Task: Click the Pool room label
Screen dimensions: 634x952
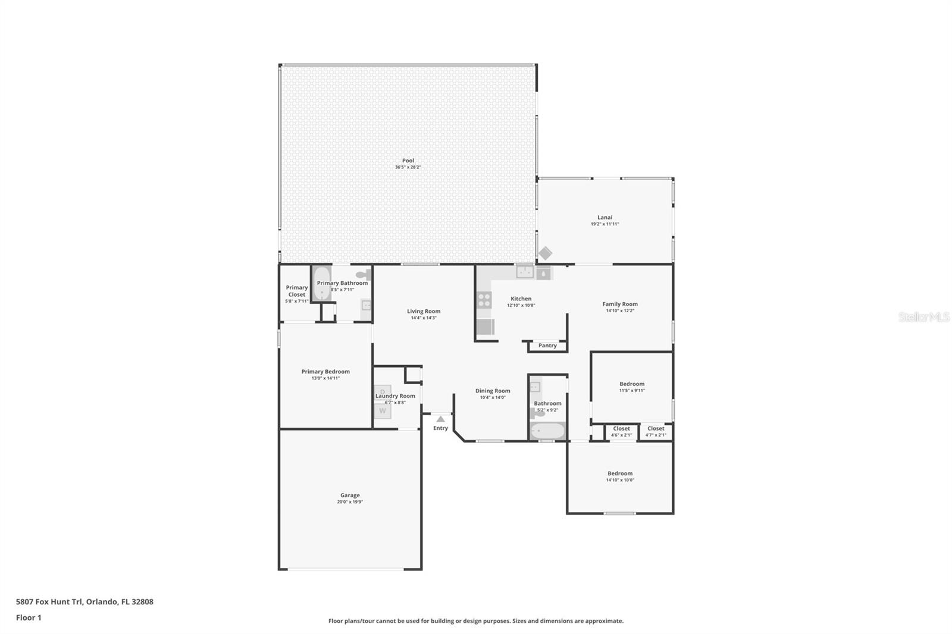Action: tap(408, 161)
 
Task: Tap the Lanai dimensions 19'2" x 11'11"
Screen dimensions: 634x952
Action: tap(605, 224)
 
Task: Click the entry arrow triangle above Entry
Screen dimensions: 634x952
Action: tap(440, 419)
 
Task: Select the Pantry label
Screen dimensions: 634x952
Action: tap(547, 346)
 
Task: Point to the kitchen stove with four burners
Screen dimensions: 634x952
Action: tap(484, 300)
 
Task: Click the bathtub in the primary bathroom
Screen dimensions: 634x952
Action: tap(321, 284)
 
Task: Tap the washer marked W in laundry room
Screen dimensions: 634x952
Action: tap(383, 410)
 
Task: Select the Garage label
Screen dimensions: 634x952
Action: tap(350, 495)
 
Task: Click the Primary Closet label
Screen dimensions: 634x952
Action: tap(296, 291)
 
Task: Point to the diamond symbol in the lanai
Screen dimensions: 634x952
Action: tap(545, 253)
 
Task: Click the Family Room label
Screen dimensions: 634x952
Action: tap(620, 304)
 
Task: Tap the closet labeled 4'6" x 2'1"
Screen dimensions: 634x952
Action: tap(621, 431)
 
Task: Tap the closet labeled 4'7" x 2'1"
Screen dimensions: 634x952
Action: tap(656, 431)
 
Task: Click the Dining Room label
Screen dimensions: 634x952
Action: tap(493, 391)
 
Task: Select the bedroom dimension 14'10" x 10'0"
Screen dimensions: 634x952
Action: tap(620, 480)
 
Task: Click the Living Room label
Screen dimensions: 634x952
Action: tap(424, 311)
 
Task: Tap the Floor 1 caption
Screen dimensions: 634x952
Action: tap(29, 617)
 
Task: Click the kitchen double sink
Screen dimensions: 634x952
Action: tap(525, 272)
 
